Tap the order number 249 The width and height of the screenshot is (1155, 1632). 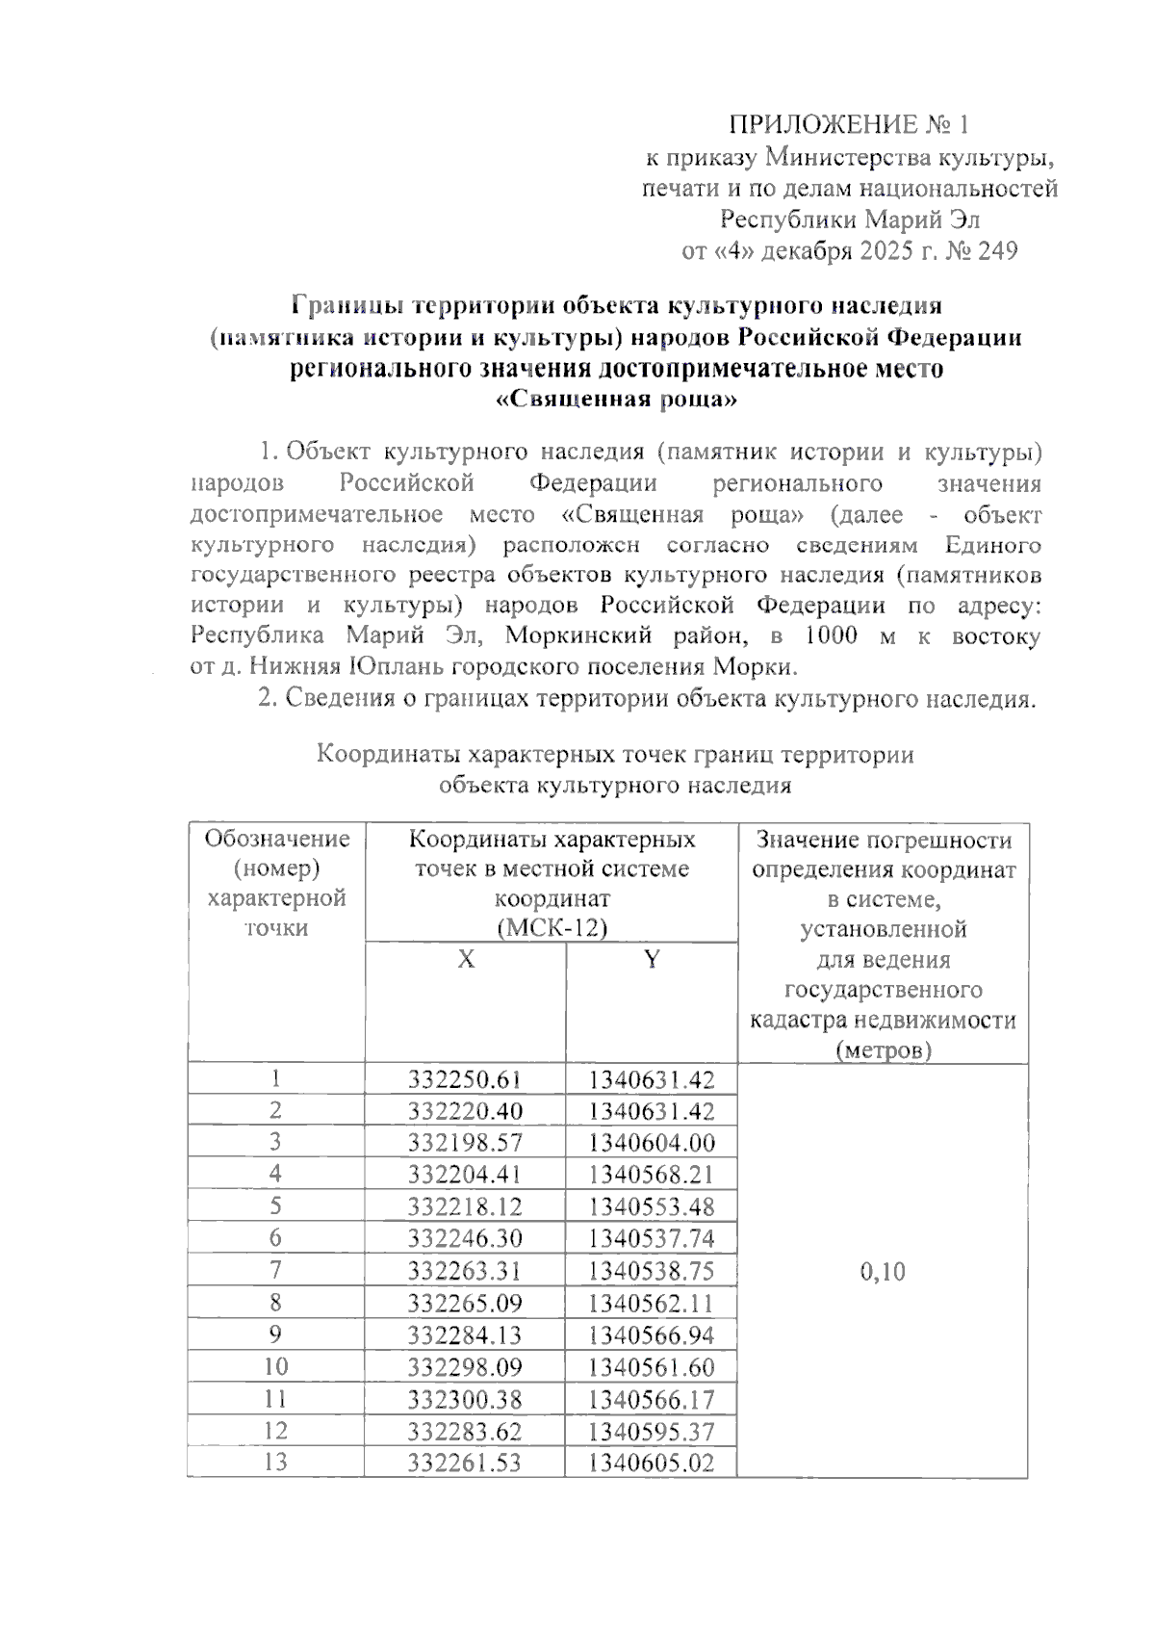click(996, 251)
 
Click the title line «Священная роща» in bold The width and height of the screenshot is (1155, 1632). click(616, 400)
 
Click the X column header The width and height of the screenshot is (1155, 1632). click(466, 960)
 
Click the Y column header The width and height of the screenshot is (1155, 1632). click(652, 960)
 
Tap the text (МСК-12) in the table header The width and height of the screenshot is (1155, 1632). click(552, 927)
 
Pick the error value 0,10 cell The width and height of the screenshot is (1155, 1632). click(882, 1272)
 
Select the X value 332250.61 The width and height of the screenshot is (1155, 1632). click(465, 1079)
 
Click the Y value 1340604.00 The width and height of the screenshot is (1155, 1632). click(652, 1143)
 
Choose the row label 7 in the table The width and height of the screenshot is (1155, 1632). click(275, 1270)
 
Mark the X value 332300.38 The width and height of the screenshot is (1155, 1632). click(465, 1399)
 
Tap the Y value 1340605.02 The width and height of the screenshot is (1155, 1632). click(652, 1463)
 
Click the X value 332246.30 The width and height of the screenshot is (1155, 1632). click(465, 1238)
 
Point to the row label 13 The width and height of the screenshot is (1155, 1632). click(275, 1463)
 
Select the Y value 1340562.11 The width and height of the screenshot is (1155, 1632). click(652, 1303)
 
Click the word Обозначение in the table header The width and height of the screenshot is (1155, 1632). click(276, 839)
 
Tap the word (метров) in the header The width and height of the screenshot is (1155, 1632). click(883, 1050)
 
